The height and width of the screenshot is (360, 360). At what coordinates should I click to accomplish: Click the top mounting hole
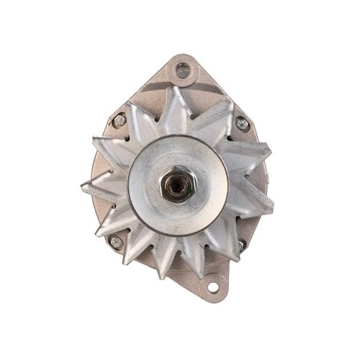click(183, 70)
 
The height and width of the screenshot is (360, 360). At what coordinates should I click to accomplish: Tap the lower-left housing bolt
click(115, 243)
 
